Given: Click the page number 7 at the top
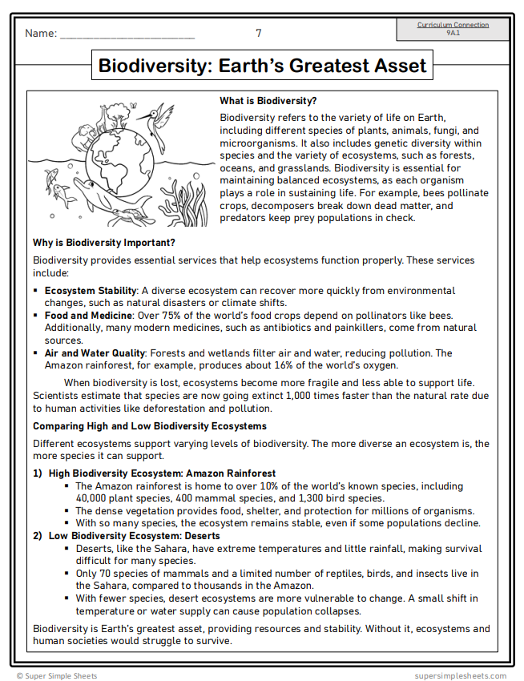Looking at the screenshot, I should (258, 33).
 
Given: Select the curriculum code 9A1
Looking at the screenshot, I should (453, 33).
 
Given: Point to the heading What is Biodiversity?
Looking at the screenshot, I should (268, 101).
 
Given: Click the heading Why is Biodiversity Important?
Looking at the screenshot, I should (104, 243).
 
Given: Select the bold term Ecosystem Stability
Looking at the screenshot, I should (91, 291).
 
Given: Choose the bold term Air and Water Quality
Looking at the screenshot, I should (94, 353).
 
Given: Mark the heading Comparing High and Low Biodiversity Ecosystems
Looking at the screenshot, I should (150, 425).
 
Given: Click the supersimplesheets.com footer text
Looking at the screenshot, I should (460, 675).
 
